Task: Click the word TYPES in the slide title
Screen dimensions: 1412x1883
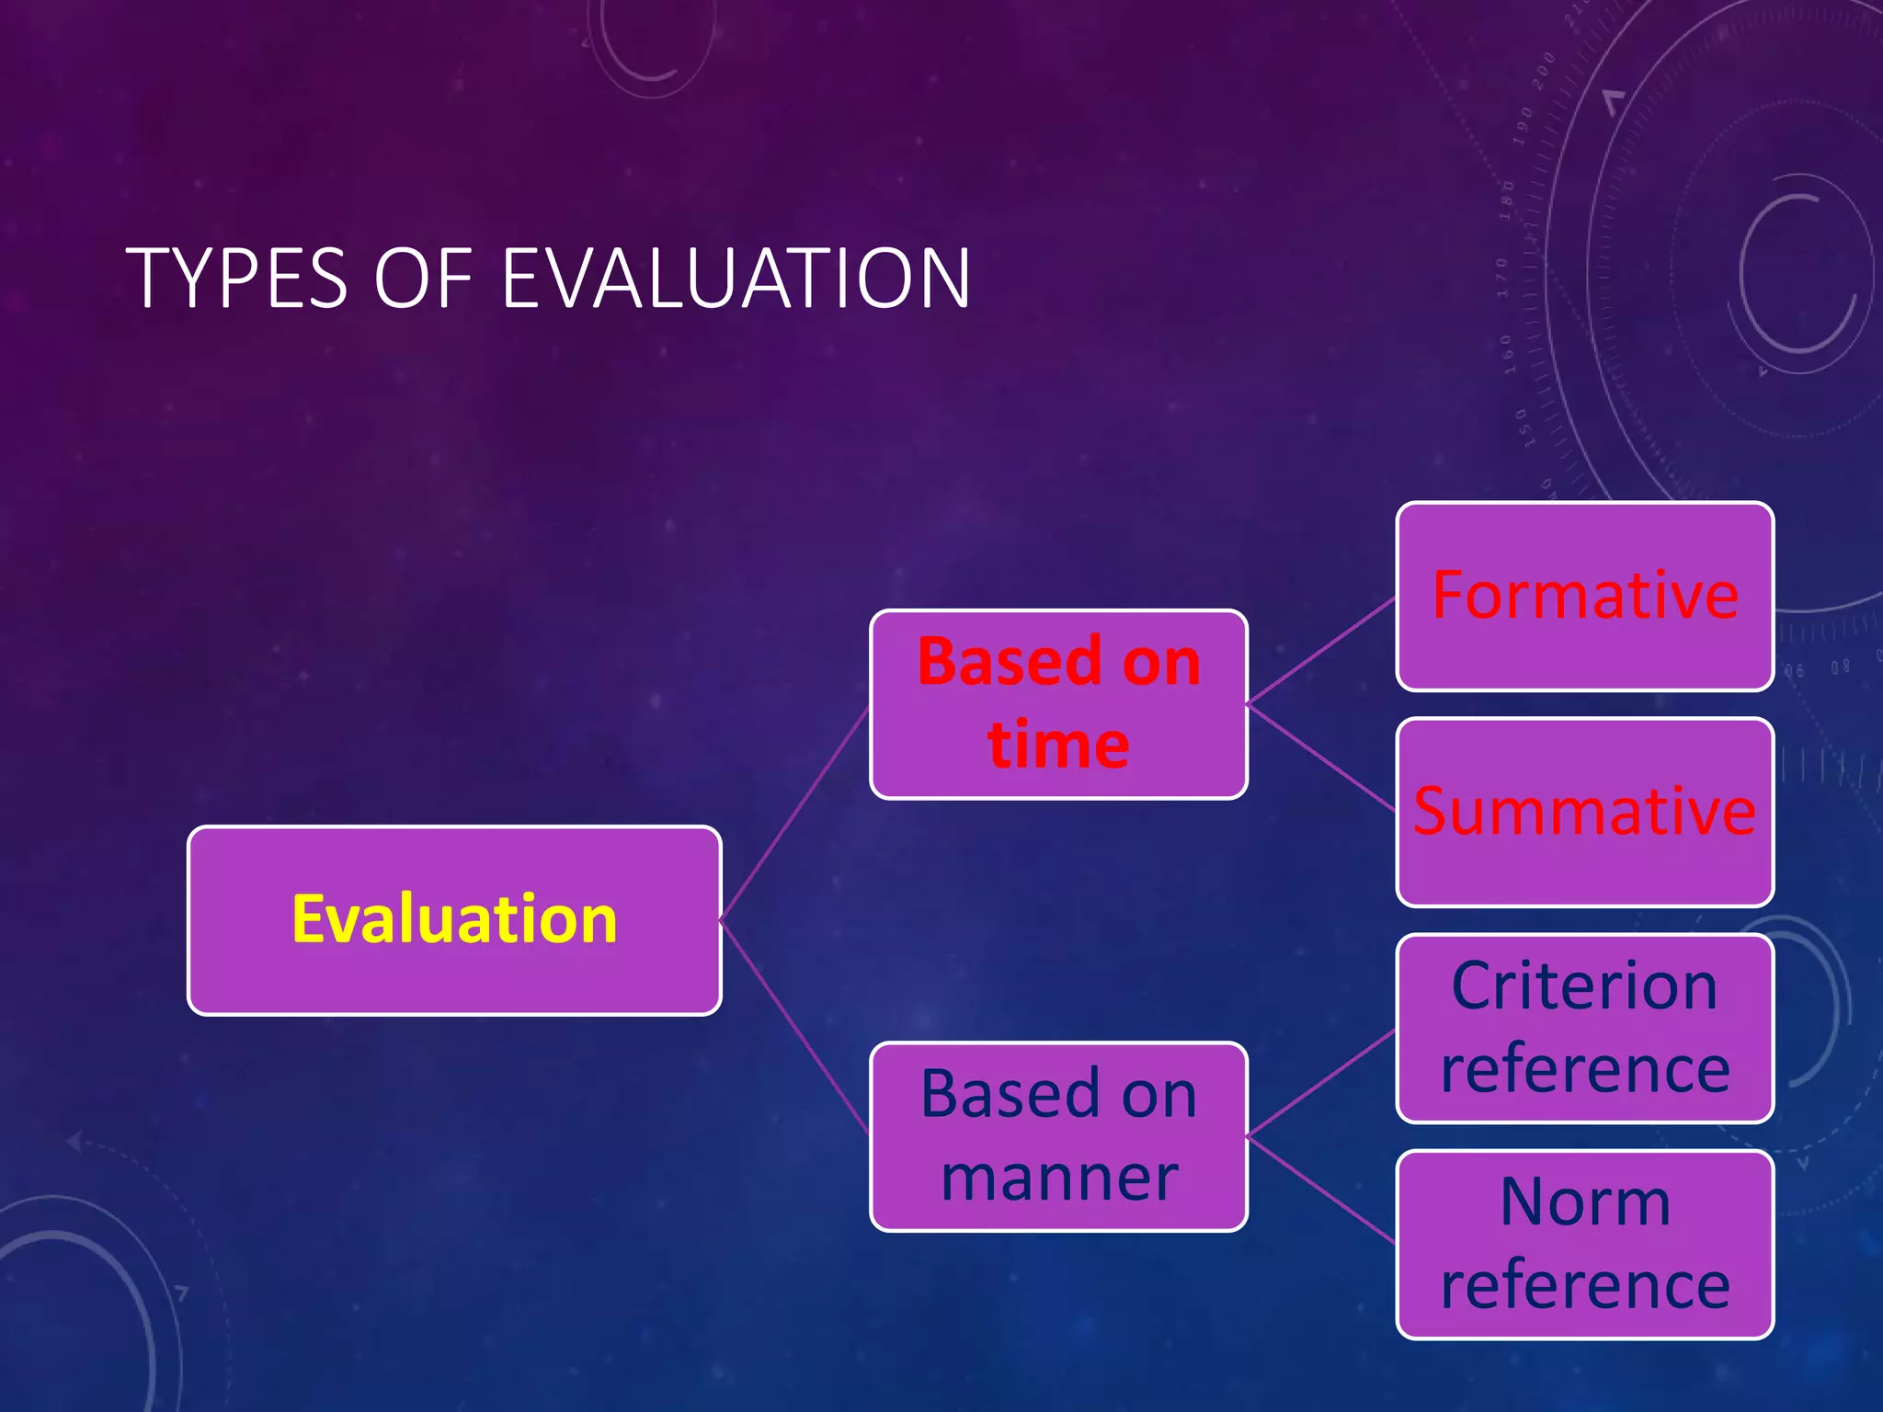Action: (x=236, y=278)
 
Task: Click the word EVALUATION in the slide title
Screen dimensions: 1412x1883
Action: (x=736, y=278)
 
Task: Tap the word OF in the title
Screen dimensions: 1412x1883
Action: (x=422, y=278)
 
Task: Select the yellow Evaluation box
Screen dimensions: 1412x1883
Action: (x=454, y=920)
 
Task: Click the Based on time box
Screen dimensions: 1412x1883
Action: (x=1058, y=704)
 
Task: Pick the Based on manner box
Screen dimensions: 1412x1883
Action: (x=1058, y=1136)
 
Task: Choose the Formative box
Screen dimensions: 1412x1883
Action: (x=1584, y=596)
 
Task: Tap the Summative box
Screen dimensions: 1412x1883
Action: (x=1584, y=813)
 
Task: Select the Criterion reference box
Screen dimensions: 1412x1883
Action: (x=1584, y=1029)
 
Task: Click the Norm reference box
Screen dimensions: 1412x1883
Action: (x=1584, y=1245)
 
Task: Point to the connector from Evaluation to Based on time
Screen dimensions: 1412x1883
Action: (x=796, y=813)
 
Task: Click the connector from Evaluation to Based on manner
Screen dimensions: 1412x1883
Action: (x=796, y=1028)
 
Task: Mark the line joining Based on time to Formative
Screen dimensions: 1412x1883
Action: (x=1321, y=651)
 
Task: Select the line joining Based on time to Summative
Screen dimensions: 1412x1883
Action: (x=1321, y=757)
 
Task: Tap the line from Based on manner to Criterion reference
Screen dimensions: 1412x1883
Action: (x=1321, y=1083)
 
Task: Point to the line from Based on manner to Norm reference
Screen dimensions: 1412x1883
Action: (x=1321, y=1190)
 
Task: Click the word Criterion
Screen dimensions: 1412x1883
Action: (x=1584, y=986)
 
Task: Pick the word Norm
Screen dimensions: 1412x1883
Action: (x=1584, y=1202)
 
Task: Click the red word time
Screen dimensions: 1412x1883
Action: (x=1058, y=745)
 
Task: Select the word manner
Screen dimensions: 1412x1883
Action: (x=1059, y=1178)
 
